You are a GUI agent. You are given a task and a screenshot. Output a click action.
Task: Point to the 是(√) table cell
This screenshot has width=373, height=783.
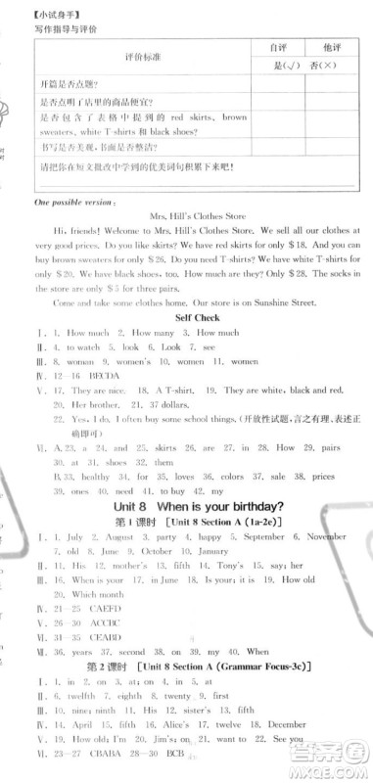[x=263, y=65]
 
